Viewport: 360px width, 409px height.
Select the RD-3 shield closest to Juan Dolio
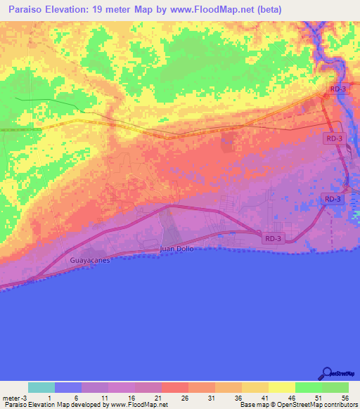point(274,239)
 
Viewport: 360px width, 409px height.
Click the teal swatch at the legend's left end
point(41,387)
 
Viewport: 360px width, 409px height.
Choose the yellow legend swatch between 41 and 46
point(282,387)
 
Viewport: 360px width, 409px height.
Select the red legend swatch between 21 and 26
point(175,387)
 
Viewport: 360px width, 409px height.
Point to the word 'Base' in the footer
point(247,405)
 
